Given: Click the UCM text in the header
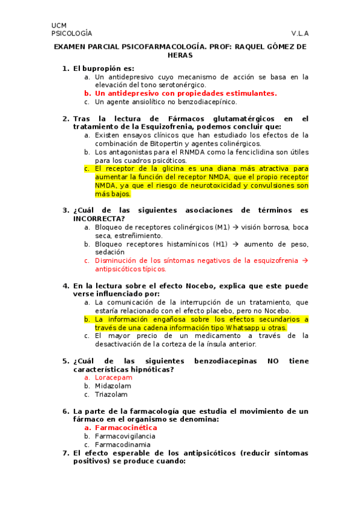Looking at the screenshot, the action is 59,25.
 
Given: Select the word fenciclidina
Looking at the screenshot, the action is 259,152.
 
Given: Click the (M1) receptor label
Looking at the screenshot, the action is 222,227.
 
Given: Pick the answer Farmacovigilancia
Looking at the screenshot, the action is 126,435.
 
